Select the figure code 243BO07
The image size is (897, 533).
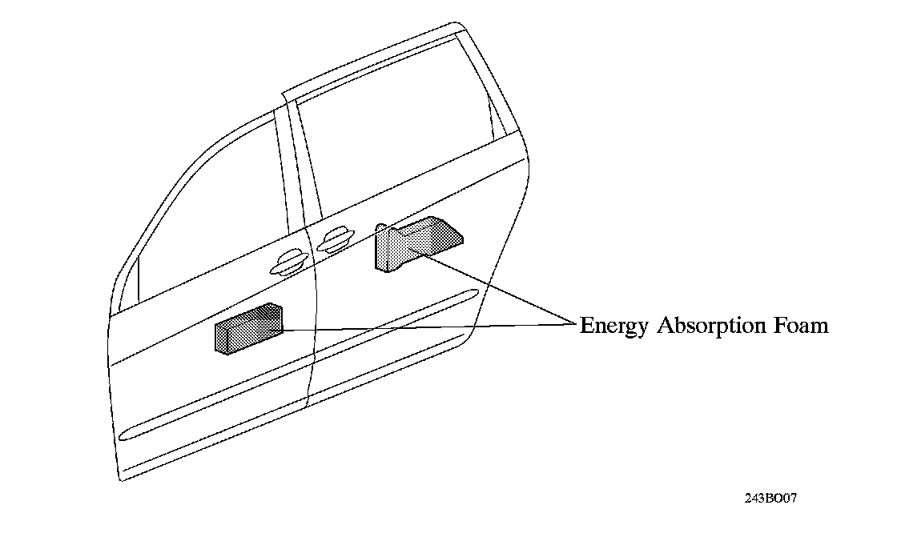[770, 498]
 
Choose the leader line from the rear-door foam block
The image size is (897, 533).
[497, 289]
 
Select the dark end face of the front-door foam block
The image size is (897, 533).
[222, 337]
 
